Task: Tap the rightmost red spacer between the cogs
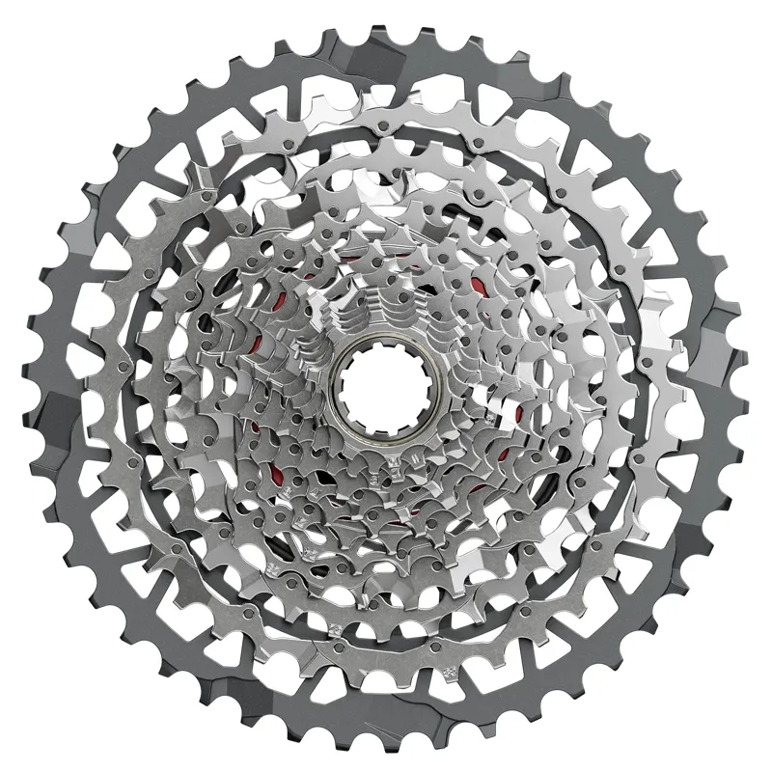pyautogui.click(x=518, y=414)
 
